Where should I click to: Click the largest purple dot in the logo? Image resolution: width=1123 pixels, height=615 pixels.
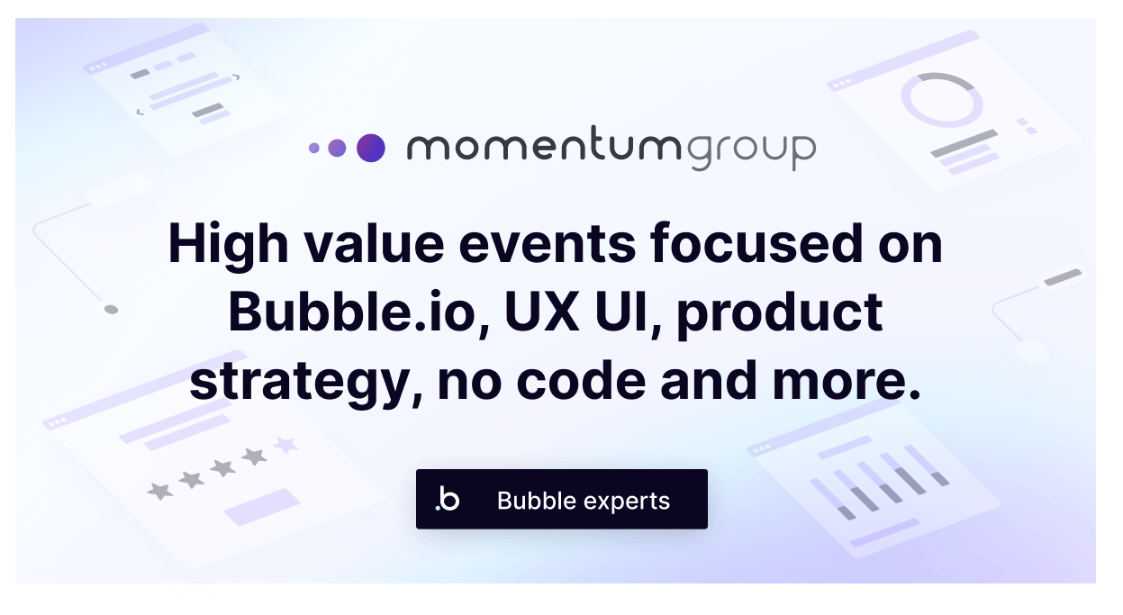[370, 148]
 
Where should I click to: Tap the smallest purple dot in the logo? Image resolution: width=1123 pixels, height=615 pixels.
[313, 148]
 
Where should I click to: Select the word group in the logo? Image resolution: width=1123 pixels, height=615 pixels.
[750, 151]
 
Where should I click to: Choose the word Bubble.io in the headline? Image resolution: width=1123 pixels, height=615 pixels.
[352, 312]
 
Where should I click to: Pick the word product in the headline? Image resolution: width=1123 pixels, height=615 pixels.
[780, 313]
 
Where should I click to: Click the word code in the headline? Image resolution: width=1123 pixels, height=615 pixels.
[581, 381]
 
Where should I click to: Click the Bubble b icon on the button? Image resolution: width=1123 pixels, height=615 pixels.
[448, 499]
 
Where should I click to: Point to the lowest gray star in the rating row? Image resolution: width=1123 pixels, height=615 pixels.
[160, 491]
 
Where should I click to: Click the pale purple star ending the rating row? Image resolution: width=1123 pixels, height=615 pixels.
[285, 445]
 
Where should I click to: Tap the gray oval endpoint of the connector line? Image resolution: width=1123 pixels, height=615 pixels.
[111, 310]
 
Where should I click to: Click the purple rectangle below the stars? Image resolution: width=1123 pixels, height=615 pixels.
[262, 507]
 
